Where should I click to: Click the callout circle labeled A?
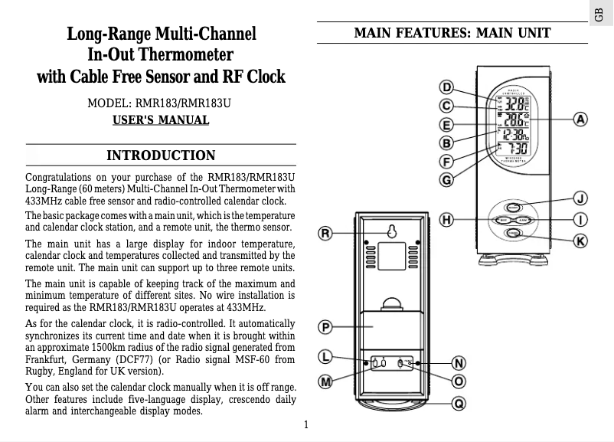click(x=581, y=120)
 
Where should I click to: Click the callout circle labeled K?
click(x=581, y=241)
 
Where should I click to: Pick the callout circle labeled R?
click(x=325, y=233)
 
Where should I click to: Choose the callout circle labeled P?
click(x=325, y=327)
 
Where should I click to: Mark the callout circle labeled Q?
click(x=458, y=402)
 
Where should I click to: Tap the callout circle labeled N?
click(x=458, y=362)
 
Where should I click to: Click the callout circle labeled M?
click(x=325, y=381)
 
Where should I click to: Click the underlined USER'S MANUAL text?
click(x=161, y=120)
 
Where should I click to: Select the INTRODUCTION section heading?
click(x=161, y=156)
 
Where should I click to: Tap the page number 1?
click(x=305, y=425)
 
